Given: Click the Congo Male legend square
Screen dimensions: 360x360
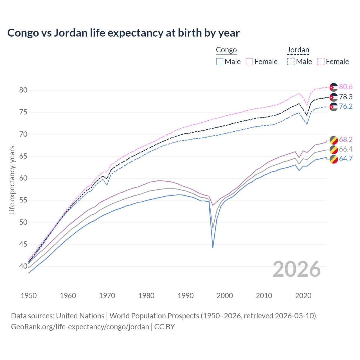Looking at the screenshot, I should (x=220, y=62).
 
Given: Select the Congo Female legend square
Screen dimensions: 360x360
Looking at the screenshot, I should (x=249, y=62).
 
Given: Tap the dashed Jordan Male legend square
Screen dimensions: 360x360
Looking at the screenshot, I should (x=291, y=62).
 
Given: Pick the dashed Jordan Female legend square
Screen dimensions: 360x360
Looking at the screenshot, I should (x=321, y=62).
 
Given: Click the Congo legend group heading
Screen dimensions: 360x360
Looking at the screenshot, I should (x=226, y=50).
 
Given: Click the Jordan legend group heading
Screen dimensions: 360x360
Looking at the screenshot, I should (x=298, y=50).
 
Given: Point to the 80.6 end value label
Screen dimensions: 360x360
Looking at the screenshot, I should (x=346, y=87).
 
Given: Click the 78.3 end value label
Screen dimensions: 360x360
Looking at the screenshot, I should (x=346, y=97).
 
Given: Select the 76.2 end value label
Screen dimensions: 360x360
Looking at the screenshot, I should (x=346, y=107).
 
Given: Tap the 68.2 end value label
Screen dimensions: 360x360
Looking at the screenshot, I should (x=346, y=139).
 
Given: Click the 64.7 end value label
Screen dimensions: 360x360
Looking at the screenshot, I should (x=346, y=159).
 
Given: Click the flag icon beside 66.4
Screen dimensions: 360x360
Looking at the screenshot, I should (x=334, y=149).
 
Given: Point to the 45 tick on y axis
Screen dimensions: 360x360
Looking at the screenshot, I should (x=23, y=244).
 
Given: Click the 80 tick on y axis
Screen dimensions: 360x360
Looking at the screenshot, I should (x=23, y=90).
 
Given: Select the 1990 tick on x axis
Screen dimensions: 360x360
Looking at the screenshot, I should (x=186, y=296).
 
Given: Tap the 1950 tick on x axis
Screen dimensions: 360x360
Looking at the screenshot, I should (x=29, y=296).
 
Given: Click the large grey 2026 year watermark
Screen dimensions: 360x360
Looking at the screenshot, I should (x=296, y=269).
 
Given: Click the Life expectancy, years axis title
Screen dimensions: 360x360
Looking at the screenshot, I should (x=12, y=180).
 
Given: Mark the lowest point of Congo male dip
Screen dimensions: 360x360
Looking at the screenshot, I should (x=213, y=248).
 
